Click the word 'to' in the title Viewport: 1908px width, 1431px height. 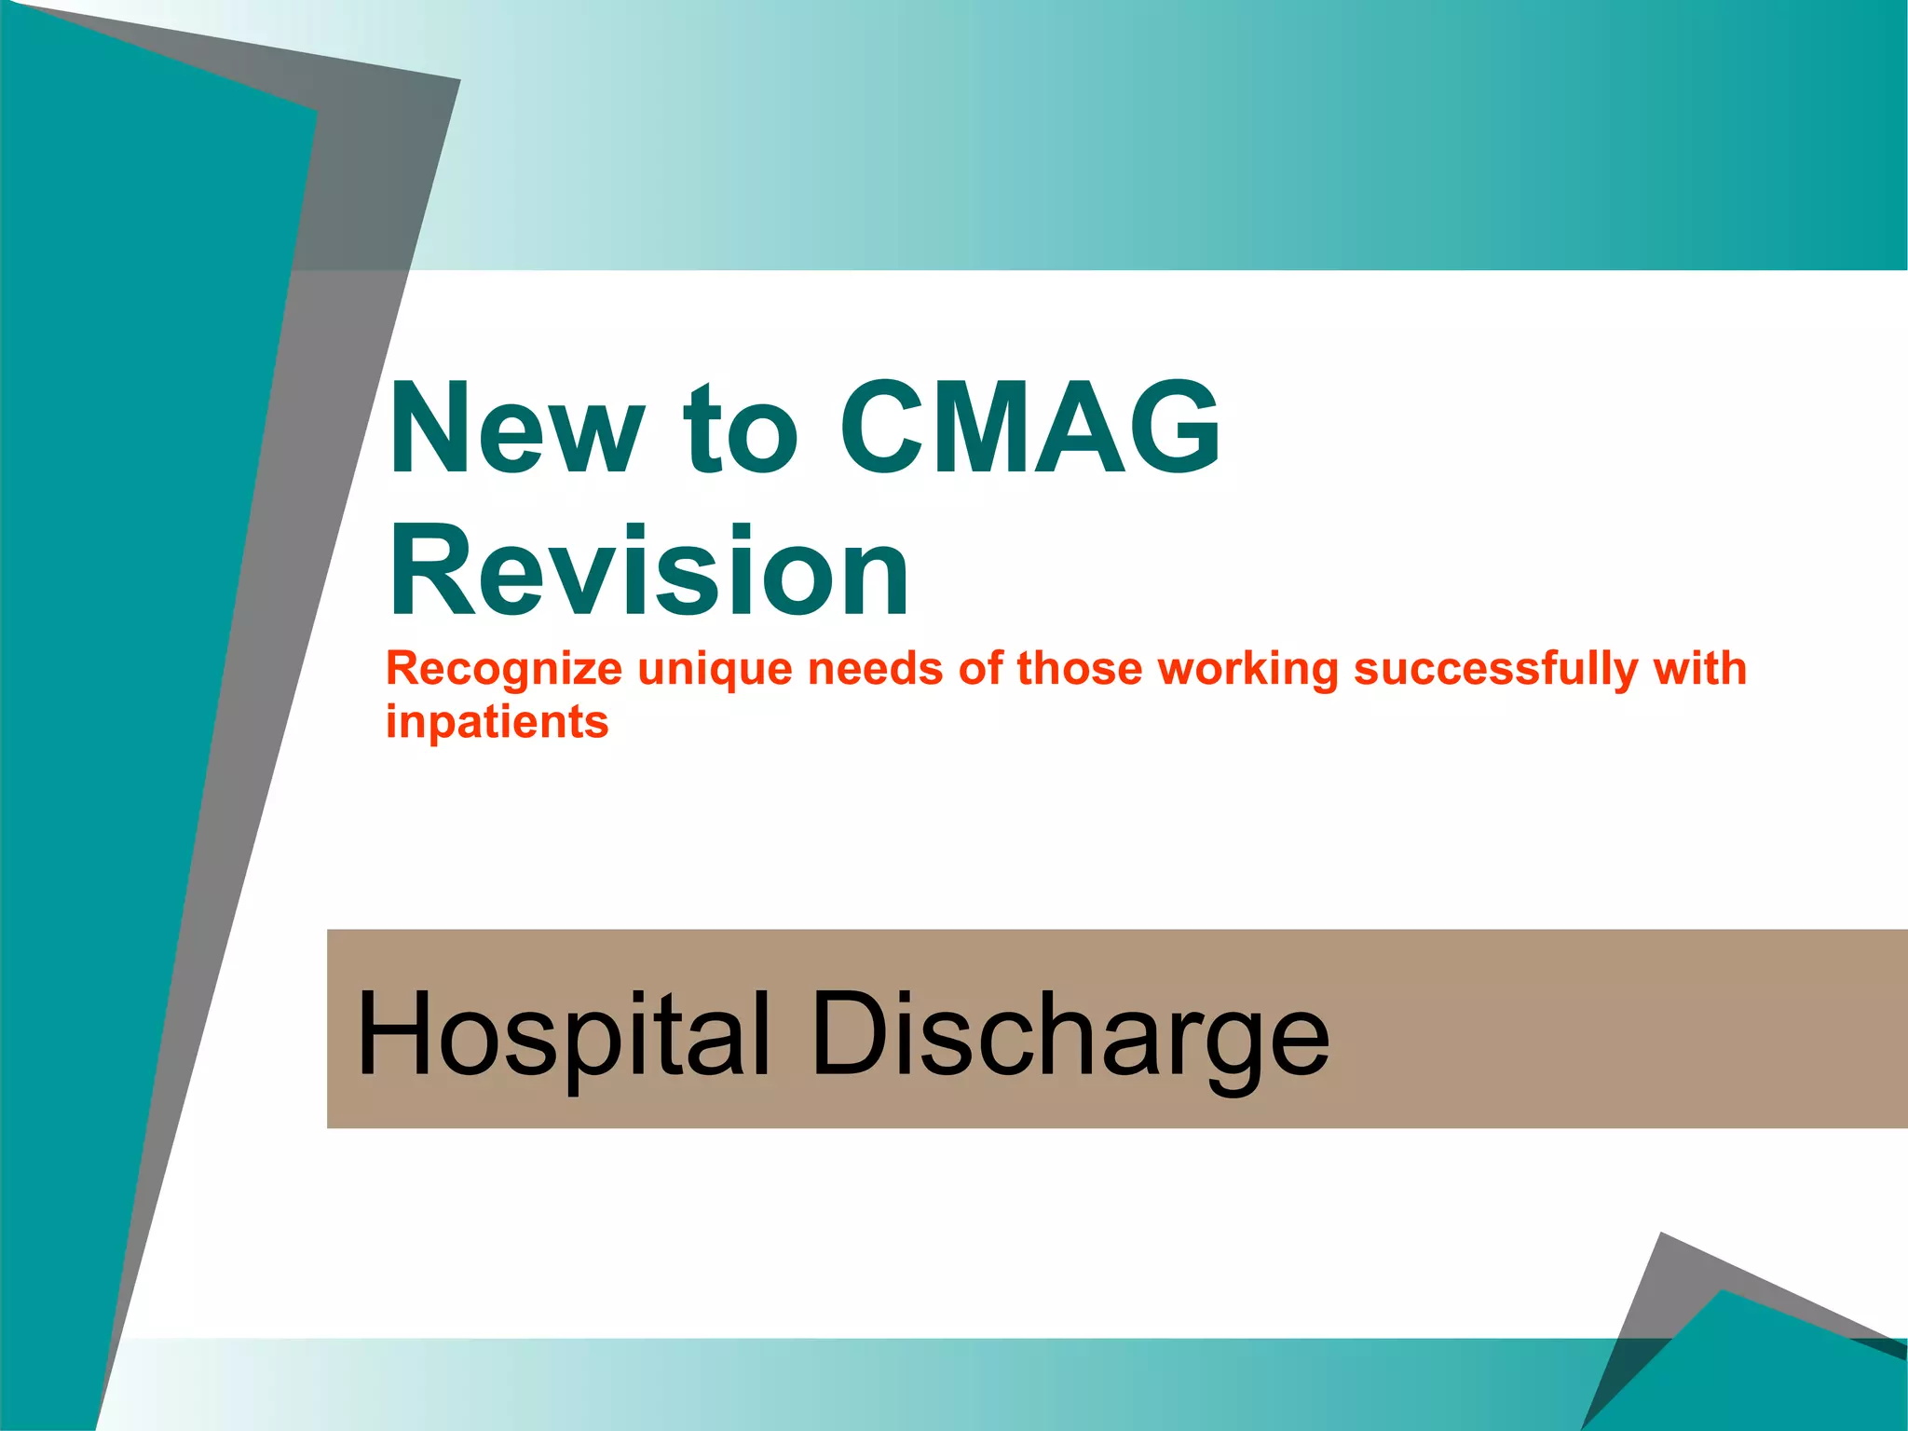[741, 430]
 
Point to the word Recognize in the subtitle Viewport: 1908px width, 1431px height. [504, 669]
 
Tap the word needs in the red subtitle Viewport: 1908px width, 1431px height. [875, 669]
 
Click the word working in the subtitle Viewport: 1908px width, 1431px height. [1247, 669]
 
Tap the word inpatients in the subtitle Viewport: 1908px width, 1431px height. [497, 722]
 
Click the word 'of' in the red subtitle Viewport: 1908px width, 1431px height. [978, 669]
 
